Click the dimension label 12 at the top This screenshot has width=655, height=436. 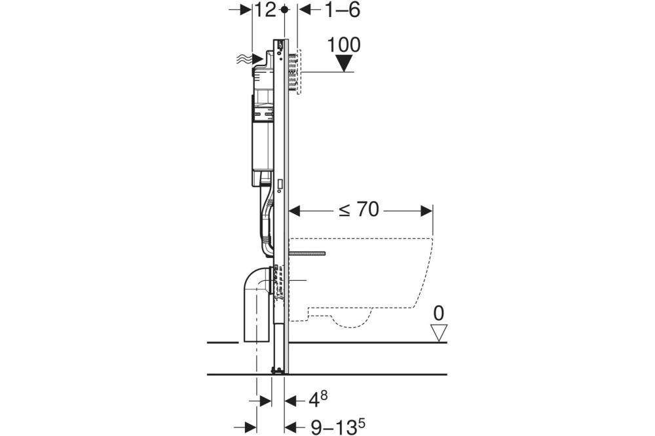[x=266, y=10]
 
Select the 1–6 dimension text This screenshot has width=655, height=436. [x=342, y=10]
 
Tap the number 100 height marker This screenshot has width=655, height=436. [x=344, y=45]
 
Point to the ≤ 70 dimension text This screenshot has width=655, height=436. [x=359, y=209]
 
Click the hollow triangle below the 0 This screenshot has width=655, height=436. [x=439, y=333]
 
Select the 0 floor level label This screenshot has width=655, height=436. [x=439, y=313]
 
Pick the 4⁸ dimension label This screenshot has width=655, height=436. [x=318, y=400]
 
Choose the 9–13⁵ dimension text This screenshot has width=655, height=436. [x=338, y=427]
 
